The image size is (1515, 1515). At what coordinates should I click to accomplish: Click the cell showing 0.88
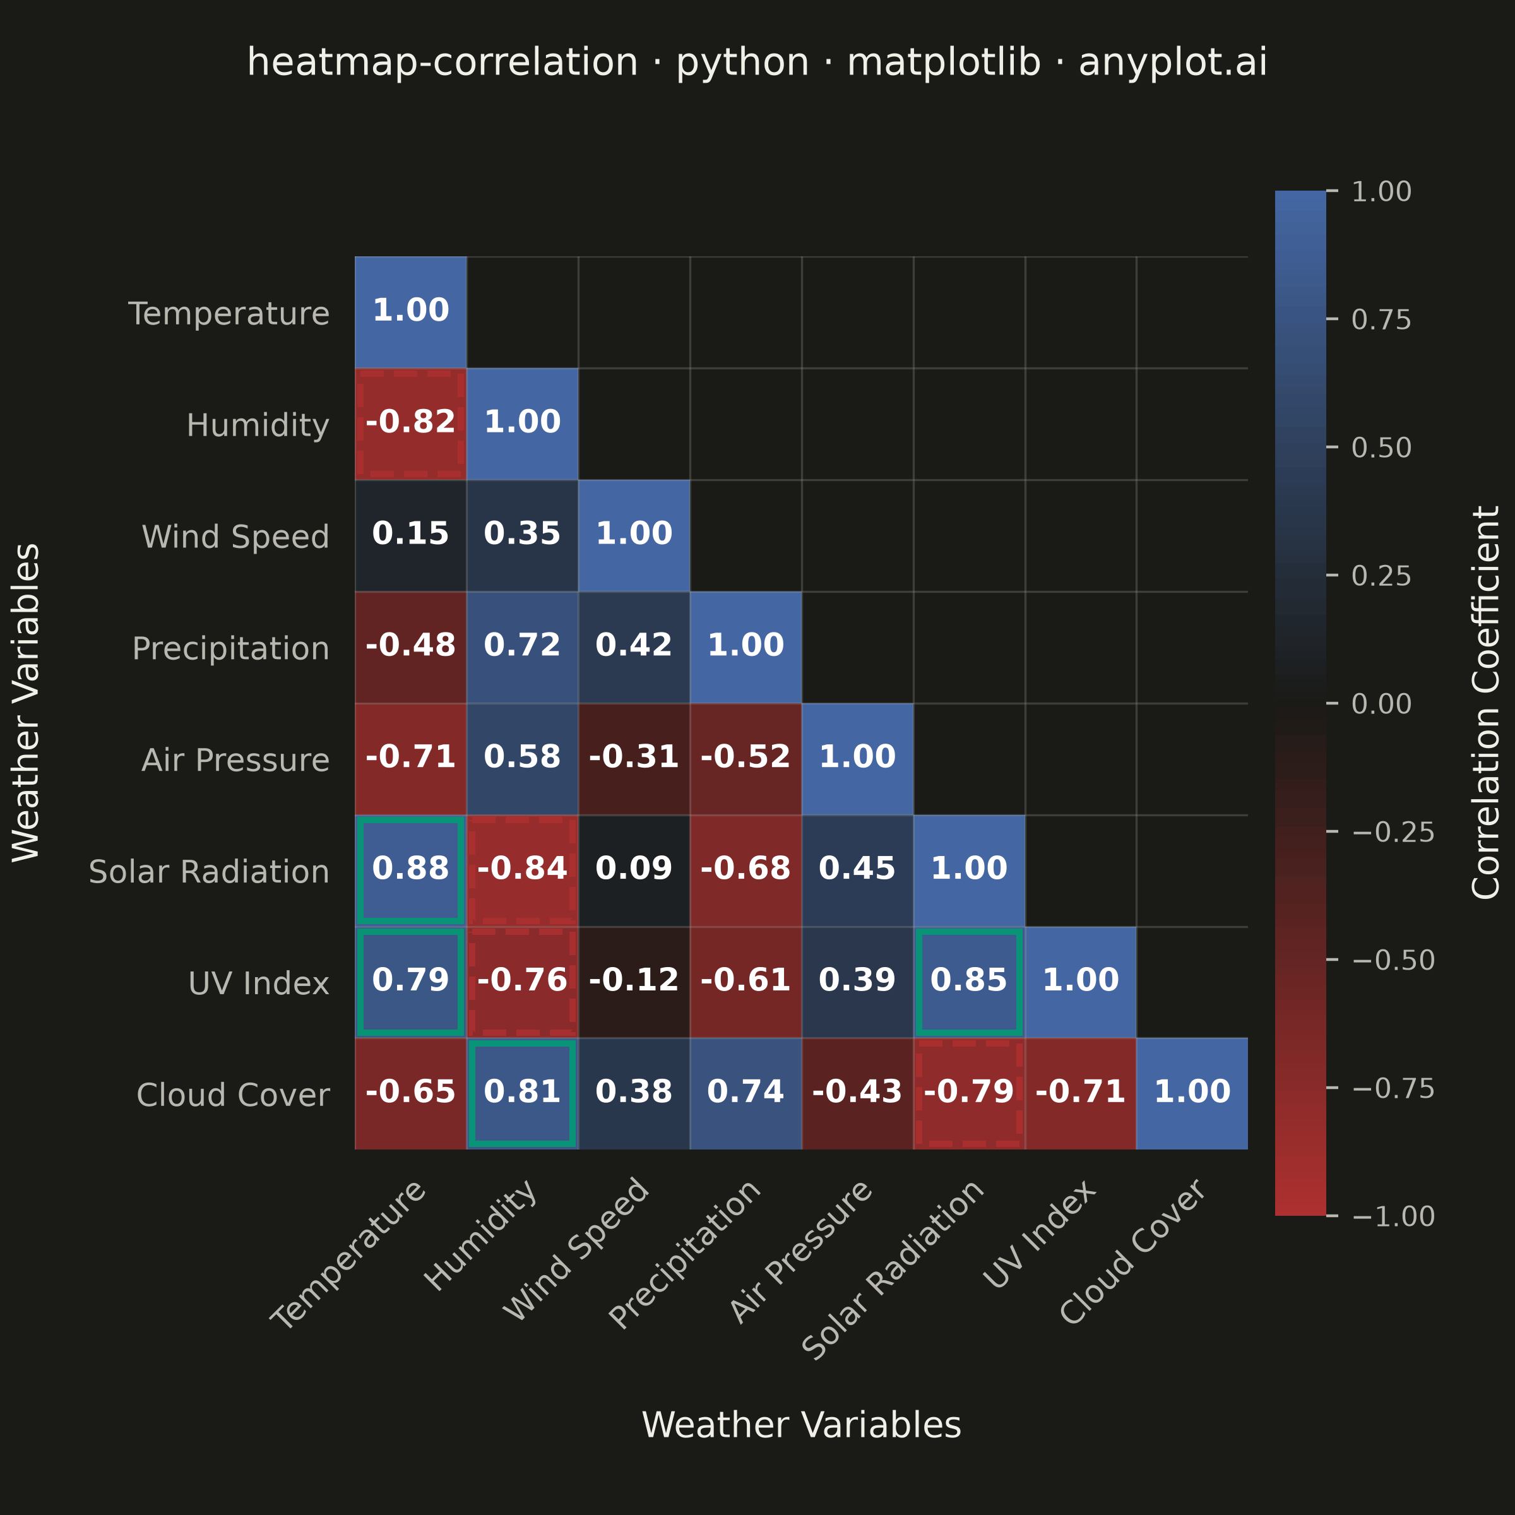click(410, 870)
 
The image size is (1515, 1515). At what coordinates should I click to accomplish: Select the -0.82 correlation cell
click(410, 424)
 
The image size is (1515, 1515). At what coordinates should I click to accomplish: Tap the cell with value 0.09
click(634, 870)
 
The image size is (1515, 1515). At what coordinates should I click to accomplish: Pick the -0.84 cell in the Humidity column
click(522, 870)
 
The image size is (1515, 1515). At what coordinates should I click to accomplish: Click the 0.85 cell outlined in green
click(969, 983)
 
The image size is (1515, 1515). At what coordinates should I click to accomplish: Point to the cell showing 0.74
click(746, 1094)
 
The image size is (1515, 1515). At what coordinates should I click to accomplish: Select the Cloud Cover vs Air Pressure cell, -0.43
click(857, 1094)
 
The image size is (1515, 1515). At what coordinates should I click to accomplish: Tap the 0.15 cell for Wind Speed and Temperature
click(410, 535)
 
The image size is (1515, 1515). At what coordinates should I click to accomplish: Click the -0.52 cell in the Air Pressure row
click(746, 759)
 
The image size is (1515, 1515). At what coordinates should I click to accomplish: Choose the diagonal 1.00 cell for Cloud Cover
click(1192, 1094)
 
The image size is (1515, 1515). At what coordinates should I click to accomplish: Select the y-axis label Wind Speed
click(235, 537)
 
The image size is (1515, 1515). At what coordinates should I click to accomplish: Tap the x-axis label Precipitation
click(684, 1254)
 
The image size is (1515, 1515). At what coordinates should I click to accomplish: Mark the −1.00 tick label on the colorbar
click(1393, 1216)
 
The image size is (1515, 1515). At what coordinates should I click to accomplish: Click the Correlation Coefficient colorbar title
click(1485, 703)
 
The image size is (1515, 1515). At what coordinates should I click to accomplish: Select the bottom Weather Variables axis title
click(802, 1425)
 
